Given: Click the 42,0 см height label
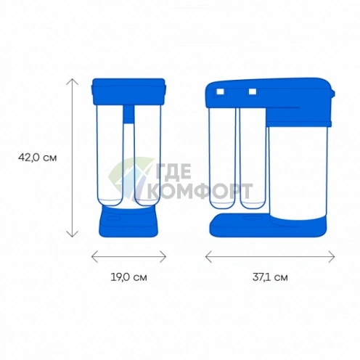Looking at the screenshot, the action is (x=38, y=157).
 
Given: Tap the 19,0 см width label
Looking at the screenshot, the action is (x=128, y=277).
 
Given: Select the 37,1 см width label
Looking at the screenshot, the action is (x=270, y=277).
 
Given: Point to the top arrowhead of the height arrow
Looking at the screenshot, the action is (x=72, y=81).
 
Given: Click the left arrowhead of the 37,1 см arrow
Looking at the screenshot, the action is (x=208, y=256).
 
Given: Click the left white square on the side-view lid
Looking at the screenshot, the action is (x=220, y=91).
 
